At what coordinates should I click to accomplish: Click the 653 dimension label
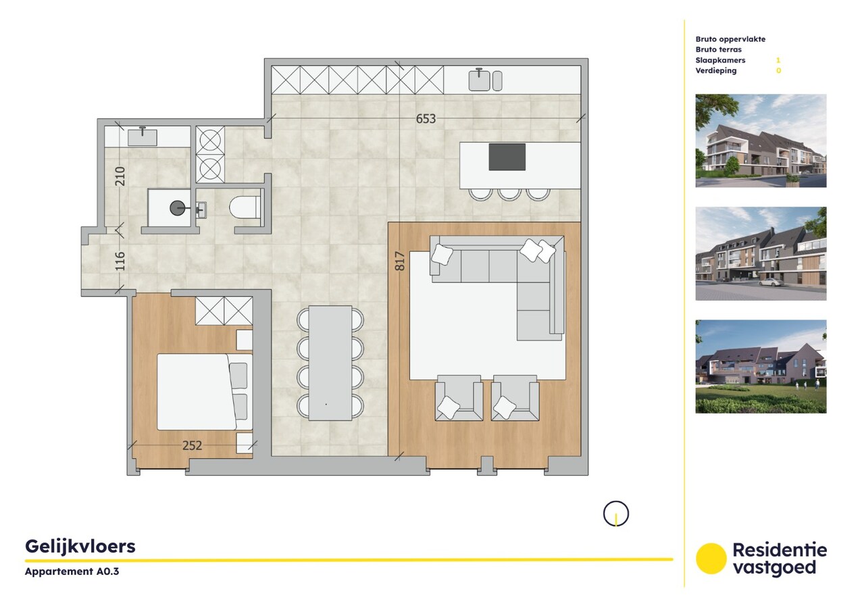coord(426,119)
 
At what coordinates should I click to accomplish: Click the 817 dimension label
coord(399,261)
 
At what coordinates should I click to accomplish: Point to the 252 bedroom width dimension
coord(192,445)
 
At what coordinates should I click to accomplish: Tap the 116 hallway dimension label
coord(120,261)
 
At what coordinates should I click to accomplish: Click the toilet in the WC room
coord(245,207)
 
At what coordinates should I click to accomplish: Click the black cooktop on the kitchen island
coord(507,157)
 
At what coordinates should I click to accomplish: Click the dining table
coord(330,363)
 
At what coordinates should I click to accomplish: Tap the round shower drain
coord(178,208)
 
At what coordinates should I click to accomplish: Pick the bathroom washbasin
coord(143,136)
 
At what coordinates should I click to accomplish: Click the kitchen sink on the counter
coord(480,80)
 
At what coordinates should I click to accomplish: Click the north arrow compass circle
coord(615,513)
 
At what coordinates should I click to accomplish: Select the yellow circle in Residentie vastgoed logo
coord(711,559)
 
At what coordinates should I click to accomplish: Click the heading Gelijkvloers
coord(80,546)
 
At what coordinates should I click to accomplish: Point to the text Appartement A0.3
coord(67,572)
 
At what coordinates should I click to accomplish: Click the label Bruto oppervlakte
coord(730,39)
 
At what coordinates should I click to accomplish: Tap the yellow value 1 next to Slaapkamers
coord(778,60)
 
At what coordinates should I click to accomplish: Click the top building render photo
coord(761,141)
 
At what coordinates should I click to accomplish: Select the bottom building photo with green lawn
coord(761,366)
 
